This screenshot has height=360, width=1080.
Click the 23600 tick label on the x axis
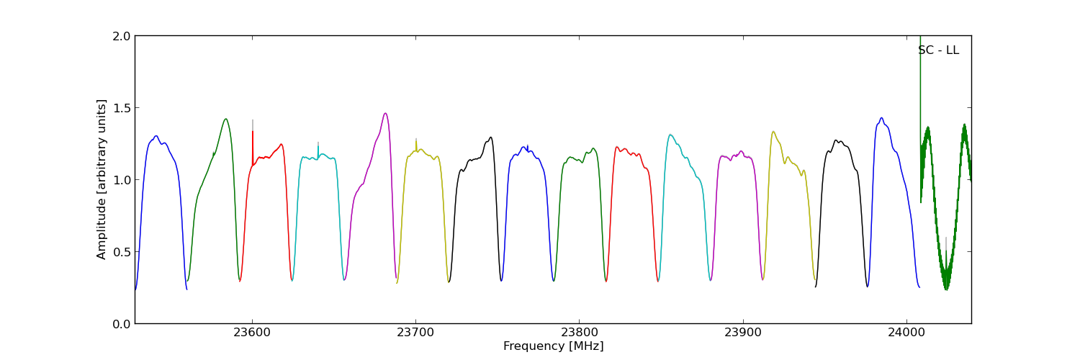pyautogui.click(x=252, y=333)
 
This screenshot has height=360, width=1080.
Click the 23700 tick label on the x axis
pyautogui.click(x=415, y=333)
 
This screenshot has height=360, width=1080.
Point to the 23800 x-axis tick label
pyautogui.click(x=579, y=333)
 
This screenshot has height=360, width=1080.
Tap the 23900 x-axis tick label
pyautogui.click(x=742, y=333)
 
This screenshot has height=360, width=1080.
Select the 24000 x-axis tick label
pyautogui.click(x=906, y=333)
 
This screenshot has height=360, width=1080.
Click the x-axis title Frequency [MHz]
pyautogui.click(x=553, y=346)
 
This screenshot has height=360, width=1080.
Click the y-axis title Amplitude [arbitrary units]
pyautogui.click(x=102, y=179)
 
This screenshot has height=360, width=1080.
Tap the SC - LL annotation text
pyautogui.click(x=938, y=50)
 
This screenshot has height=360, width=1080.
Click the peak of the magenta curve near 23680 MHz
pyautogui.click(x=385, y=113)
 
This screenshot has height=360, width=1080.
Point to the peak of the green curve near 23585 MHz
pyautogui.click(x=226, y=119)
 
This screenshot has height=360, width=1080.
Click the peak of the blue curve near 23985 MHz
pyautogui.click(x=881, y=118)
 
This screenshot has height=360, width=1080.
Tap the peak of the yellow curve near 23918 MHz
pyautogui.click(x=773, y=132)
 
